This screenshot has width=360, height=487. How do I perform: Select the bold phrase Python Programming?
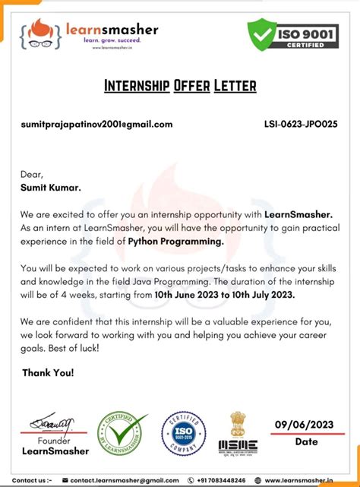coord(176,242)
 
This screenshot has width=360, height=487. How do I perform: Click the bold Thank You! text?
coord(48,373)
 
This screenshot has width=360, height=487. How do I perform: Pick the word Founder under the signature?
coord(54,441)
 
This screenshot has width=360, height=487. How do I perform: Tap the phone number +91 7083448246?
coord(225,480)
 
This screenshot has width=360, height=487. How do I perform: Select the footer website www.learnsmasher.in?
coord(303,480)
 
